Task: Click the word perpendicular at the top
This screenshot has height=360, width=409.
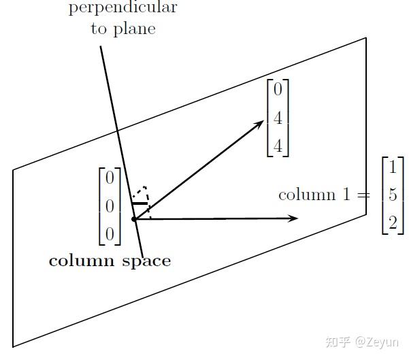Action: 123,8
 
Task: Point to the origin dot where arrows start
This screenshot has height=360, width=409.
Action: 134,218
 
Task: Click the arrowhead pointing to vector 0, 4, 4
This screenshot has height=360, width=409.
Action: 261,122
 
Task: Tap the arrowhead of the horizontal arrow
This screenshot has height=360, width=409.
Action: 295,218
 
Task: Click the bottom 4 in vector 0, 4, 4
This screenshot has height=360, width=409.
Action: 278,144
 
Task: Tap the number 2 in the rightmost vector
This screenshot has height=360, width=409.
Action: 393,222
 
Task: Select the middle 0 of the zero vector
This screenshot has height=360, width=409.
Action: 110,206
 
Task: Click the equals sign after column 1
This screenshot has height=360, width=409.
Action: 364,195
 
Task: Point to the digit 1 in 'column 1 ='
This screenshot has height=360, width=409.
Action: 348,195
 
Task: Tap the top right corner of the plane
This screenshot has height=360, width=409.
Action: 366,38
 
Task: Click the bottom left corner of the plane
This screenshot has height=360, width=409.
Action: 13,346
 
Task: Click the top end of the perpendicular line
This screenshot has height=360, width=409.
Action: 101,47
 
